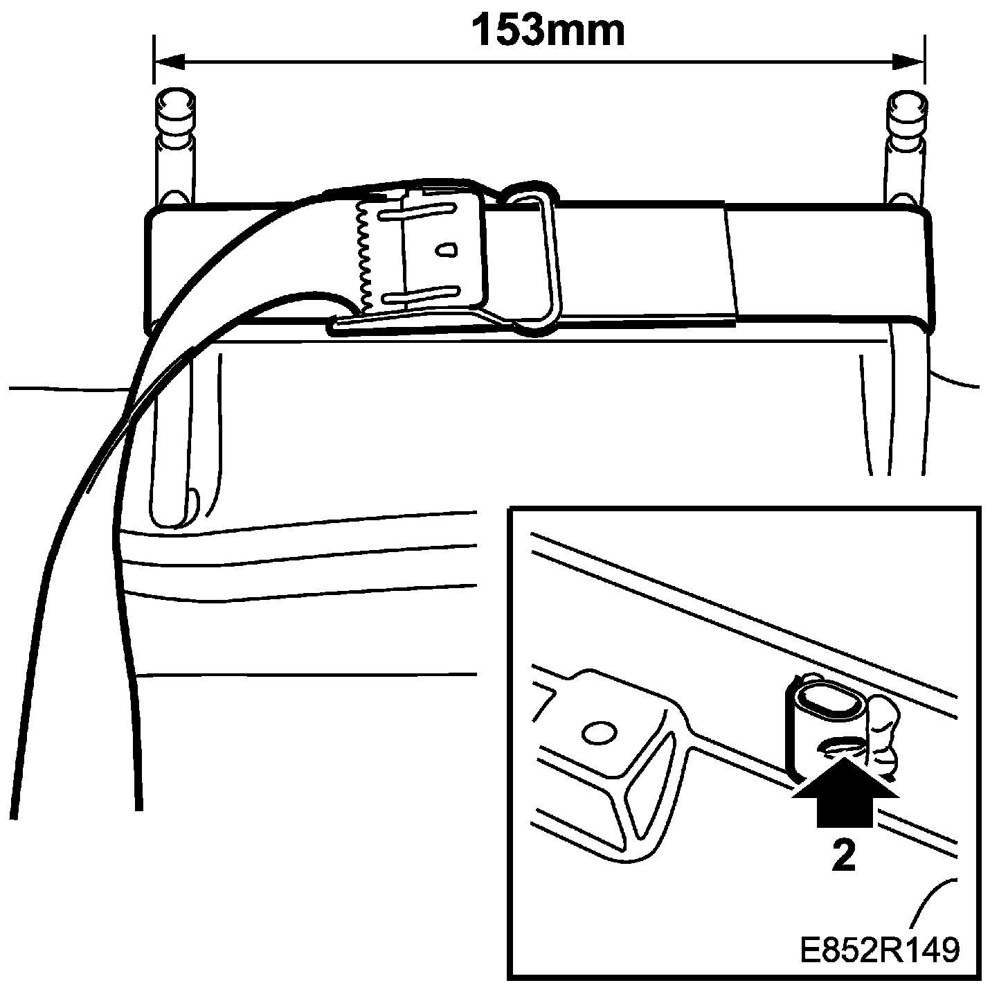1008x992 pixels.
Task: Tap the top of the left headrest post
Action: [173, 103]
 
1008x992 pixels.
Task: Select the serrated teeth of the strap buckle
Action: [365, 257]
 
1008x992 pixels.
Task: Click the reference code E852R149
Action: [880, 950]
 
